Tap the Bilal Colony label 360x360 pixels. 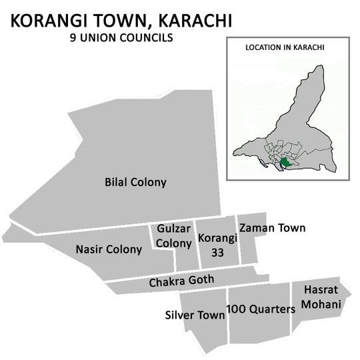point(135,182)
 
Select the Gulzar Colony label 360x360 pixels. point(174,236)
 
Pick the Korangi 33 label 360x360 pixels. point(215,245)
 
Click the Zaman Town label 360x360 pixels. point(272,228)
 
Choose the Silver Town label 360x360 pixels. point(195,315)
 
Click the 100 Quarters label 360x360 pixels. point(261,309)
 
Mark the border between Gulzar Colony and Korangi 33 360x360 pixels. point(194,244)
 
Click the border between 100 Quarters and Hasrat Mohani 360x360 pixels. point(291,307)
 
